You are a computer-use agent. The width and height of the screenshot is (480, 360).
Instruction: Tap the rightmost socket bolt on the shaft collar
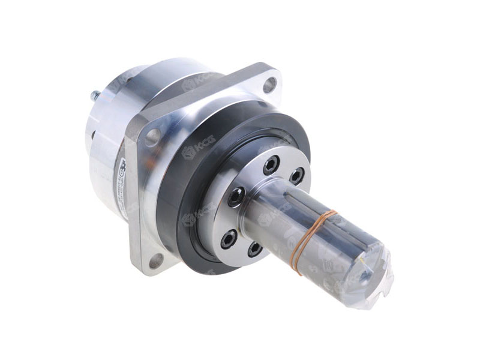pyautogui.click(x=296, y=175)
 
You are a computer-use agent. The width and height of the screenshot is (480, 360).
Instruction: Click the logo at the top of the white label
pyautogui.click(x=123, y=163)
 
